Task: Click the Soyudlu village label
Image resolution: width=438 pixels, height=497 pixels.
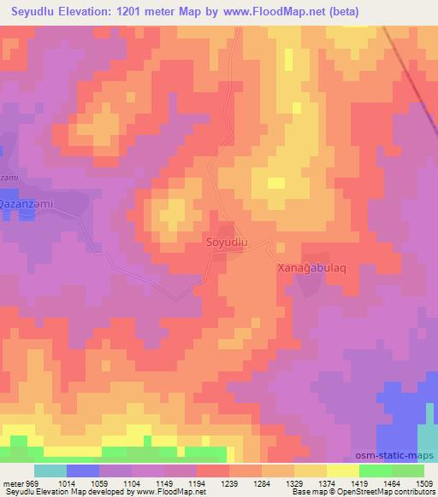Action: point(228,243)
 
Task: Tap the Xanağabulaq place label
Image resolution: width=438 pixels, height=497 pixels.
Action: point(310,267)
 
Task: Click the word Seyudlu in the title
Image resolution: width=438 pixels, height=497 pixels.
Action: point(42,11)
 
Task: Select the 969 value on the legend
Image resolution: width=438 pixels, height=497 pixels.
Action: point(31,482)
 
